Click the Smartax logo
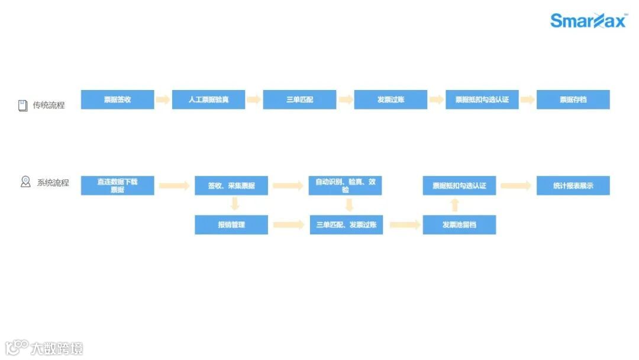[588, 21]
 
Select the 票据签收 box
[117, 99]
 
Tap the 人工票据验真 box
[208, 99]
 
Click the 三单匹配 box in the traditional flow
[299, 99]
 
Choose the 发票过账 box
[390, 99]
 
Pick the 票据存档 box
[573, 99]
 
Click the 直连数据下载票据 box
[117, 185]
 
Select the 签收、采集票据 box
[231, 185]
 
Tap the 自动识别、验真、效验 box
[345, 185]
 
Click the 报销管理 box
[231, 224]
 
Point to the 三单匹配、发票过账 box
[346, 224]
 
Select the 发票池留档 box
[459, 224]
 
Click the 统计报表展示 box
[573, 185]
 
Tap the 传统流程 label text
[49, 105]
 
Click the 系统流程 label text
[53, 182]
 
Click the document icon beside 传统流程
[23, 105]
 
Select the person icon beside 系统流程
[25, 182]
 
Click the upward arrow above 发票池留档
[454, 205]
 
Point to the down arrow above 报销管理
[235, 204]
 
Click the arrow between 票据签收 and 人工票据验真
[163, 99]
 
